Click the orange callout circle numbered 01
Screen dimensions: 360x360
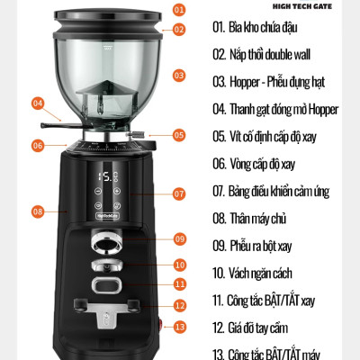(177, 11)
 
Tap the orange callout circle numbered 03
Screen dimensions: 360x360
(178, 76)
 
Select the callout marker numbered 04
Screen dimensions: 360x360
(38, 103)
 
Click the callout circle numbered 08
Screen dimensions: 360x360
(38, 211)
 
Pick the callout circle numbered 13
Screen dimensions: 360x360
(178, 327)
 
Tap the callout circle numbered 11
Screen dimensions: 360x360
(178, 283)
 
